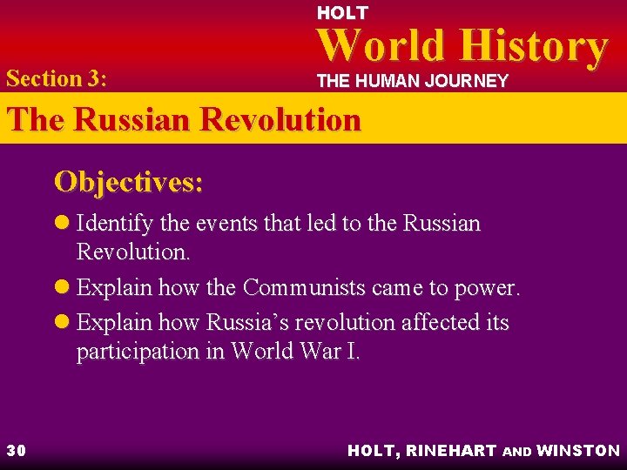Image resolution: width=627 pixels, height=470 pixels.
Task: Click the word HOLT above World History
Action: point(342,13)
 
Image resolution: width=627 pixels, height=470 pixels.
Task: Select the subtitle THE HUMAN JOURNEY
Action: point(412,81)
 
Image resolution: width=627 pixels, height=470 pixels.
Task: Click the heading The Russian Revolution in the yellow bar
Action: point(183,119)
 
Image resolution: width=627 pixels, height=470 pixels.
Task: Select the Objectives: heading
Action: point(129,182)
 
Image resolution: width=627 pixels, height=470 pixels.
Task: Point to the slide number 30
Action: point(17,450)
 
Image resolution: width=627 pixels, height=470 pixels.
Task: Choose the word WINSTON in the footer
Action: point(578,450)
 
